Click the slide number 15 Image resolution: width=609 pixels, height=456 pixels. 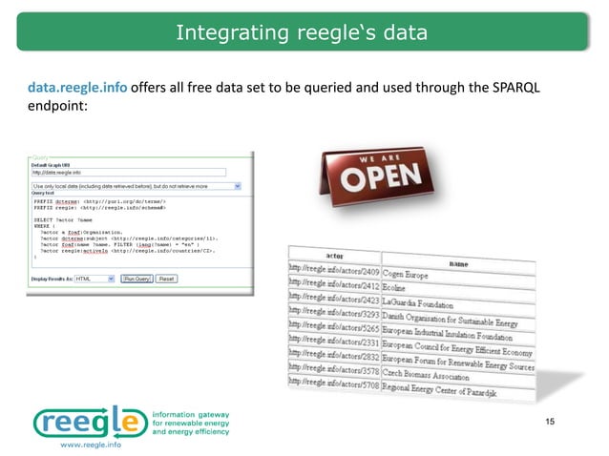tap(549, 423)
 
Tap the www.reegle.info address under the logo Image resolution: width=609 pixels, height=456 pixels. tap(91, 445)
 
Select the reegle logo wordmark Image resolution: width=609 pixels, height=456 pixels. tap(91, 420)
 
